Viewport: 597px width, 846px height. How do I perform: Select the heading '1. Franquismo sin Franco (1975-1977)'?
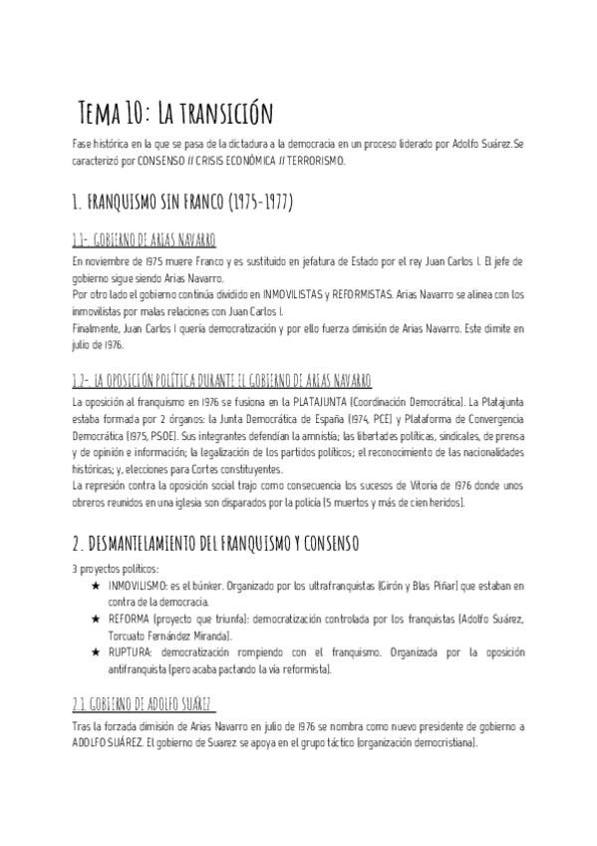(182, 202)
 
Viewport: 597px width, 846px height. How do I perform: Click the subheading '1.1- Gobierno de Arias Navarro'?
(144, 241)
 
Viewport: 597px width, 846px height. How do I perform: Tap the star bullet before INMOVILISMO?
(95, 585)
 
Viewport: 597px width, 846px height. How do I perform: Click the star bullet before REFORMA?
(95, 620)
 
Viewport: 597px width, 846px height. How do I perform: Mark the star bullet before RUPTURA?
(95, 652)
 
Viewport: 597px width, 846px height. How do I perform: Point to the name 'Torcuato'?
(132, 635)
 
